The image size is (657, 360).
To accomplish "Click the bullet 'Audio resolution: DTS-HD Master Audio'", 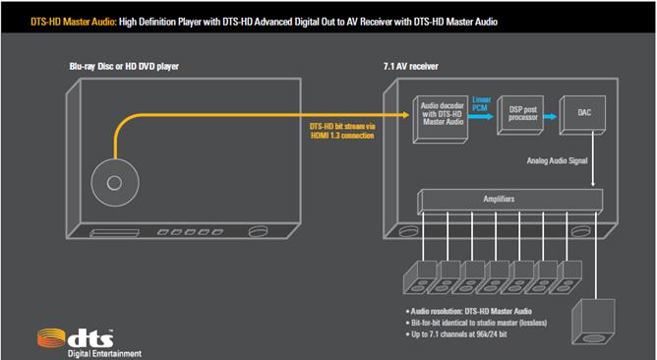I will (467, 308).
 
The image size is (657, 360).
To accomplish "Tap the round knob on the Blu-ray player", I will (262, 232).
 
